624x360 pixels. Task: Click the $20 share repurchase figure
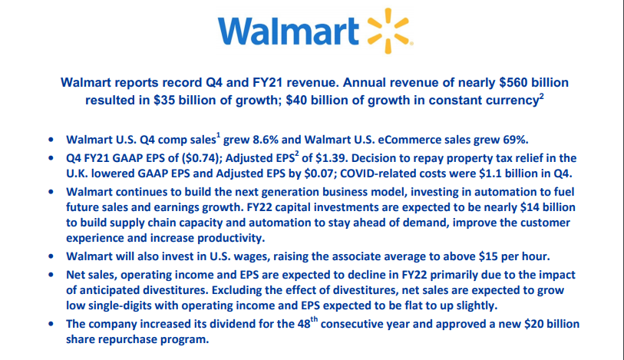coord(537,324)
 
